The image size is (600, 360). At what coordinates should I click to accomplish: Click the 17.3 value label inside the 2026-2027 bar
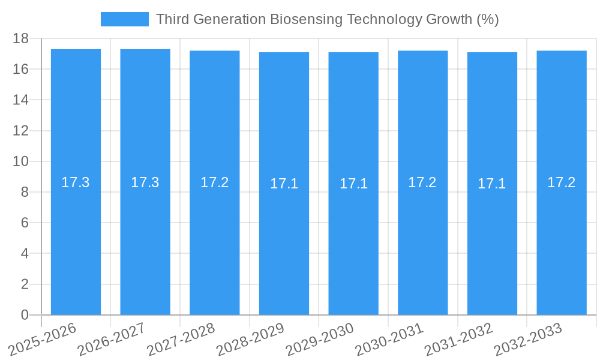click(x=145, y=182)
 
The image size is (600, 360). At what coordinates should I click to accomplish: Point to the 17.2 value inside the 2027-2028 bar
click(x=215, y=182)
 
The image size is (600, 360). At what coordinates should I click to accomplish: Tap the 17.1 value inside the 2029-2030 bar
click(x=353, y=184)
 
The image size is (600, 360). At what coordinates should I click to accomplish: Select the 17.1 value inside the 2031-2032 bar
click(x=492, y=184)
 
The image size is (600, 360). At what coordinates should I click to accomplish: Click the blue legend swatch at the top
click(x=124, y=19)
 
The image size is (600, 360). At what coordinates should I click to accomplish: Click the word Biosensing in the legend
click(x=299, y=19)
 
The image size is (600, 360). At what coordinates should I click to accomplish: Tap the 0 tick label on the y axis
click(x=25, y=315)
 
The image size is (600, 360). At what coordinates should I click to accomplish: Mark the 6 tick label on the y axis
click(x=25, y=223)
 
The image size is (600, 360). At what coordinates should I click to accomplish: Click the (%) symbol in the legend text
click(x=487, y=19)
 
